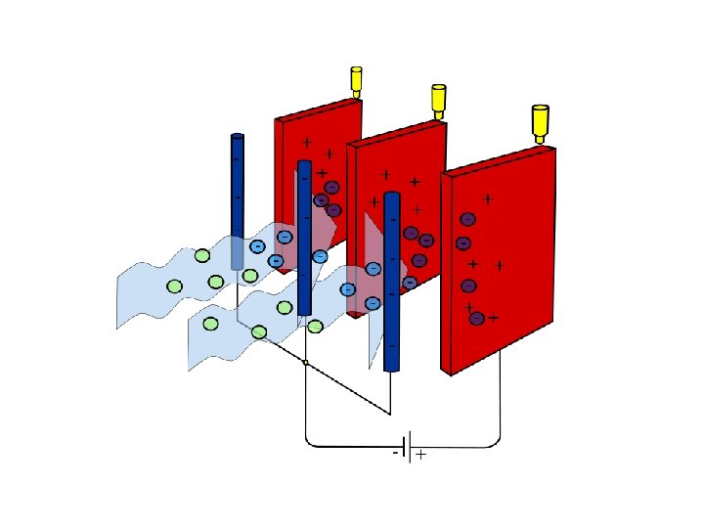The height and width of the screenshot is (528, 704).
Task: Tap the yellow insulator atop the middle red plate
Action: [439, 98]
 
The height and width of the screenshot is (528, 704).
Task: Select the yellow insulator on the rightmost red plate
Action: [539, 121]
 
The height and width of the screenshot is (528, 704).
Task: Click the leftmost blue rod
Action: [237, 200]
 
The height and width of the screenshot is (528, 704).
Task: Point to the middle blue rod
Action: [304, 238]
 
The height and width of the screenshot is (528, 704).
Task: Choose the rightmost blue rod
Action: [392, 282]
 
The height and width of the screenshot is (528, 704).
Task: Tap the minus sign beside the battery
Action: [396, 454]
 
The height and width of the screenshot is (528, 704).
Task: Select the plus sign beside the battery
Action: [420, 456]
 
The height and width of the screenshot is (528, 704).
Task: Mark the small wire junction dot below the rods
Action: [306, 363]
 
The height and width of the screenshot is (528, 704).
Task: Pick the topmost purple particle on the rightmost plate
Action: [467, 219]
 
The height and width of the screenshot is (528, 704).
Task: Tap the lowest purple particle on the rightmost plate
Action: [476, 319]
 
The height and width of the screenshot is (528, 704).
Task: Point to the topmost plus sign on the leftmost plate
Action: [307, 142]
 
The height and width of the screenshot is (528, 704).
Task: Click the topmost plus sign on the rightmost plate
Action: [487, 199]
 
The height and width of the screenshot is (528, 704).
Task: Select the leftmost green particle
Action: [174, 286]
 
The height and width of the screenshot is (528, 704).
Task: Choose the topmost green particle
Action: [202, 256]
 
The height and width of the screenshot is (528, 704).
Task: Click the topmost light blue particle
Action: [284, 237]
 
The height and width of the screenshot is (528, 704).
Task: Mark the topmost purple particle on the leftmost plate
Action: [332, 187]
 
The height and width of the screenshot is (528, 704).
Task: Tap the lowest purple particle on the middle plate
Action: [410, 283]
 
